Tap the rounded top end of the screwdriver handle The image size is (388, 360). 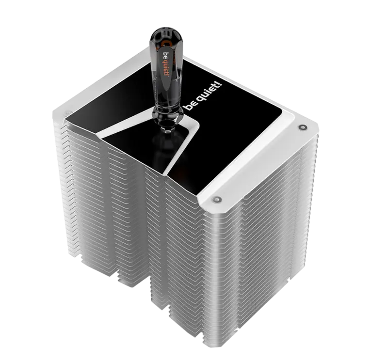coord(165,32)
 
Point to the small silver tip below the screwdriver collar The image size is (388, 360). coord(168,129)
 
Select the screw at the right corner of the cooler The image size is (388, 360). coord(302,127)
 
